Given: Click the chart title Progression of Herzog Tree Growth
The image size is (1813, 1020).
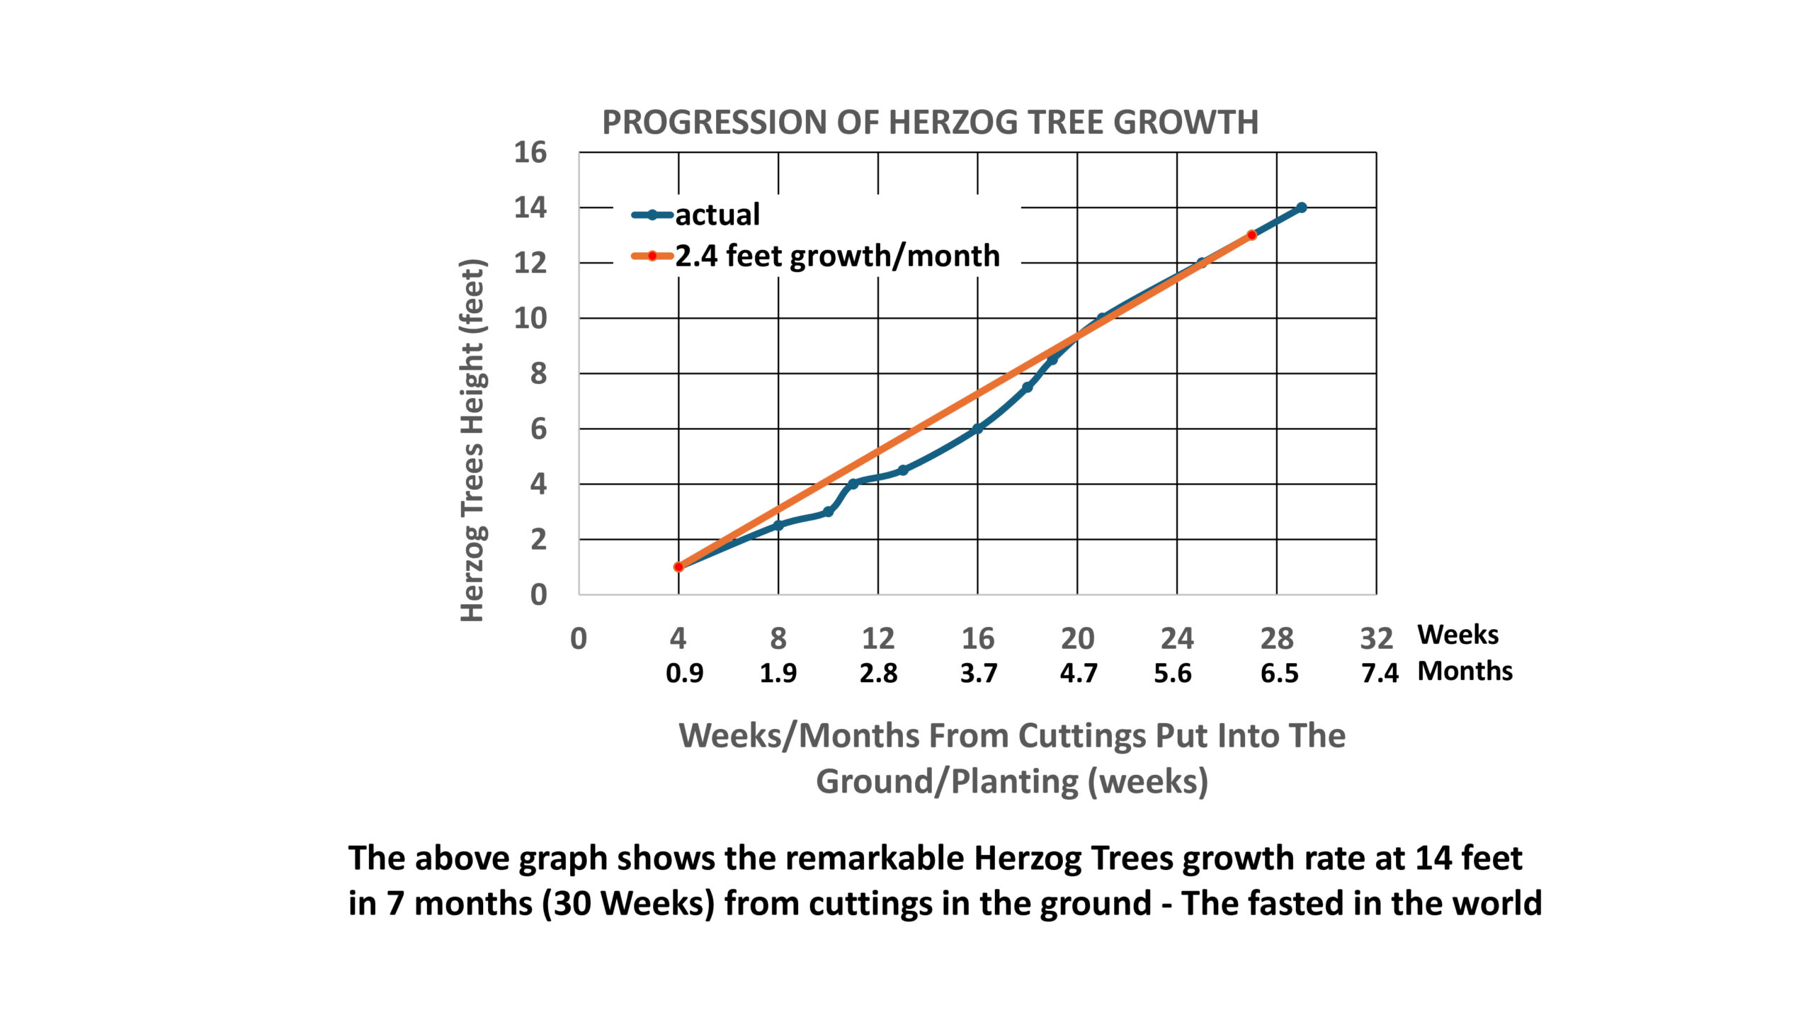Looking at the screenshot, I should (930, 123).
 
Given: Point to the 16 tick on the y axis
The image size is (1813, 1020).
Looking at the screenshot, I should (530, 152).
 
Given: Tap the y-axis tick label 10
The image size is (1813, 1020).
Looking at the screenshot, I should (530, 319).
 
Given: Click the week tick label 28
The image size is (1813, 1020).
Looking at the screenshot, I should (1276, 639).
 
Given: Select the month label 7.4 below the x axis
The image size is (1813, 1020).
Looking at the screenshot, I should (1380, 673).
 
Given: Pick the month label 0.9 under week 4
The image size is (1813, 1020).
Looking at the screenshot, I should (684, 673).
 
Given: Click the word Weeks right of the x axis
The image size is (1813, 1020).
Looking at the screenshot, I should (1457, 635).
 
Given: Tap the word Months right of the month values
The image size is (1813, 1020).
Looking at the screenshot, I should (1465, 671).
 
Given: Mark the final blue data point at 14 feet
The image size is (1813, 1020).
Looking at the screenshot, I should (1301, 208).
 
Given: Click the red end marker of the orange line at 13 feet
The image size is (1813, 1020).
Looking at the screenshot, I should (1251, 235).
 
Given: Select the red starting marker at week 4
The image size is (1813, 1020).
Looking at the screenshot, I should (678, 567).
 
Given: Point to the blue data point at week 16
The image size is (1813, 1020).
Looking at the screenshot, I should (977, 429).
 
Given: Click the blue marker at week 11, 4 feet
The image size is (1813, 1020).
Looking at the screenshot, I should (853, 484).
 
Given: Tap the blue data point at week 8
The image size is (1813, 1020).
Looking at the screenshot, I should (778, 526).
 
